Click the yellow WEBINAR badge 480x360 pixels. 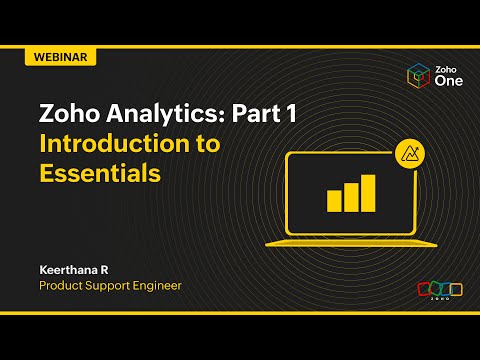pos(60,57)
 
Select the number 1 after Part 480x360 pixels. pos(289,114)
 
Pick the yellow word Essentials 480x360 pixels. pos(99,172)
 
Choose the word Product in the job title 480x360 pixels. pos(62,285)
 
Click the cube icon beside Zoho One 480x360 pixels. pos(418,77)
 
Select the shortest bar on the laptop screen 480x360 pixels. pos(334,201)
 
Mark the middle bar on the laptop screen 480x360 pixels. pos(351,197)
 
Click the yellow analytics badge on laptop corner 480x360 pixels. pos(409,152)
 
